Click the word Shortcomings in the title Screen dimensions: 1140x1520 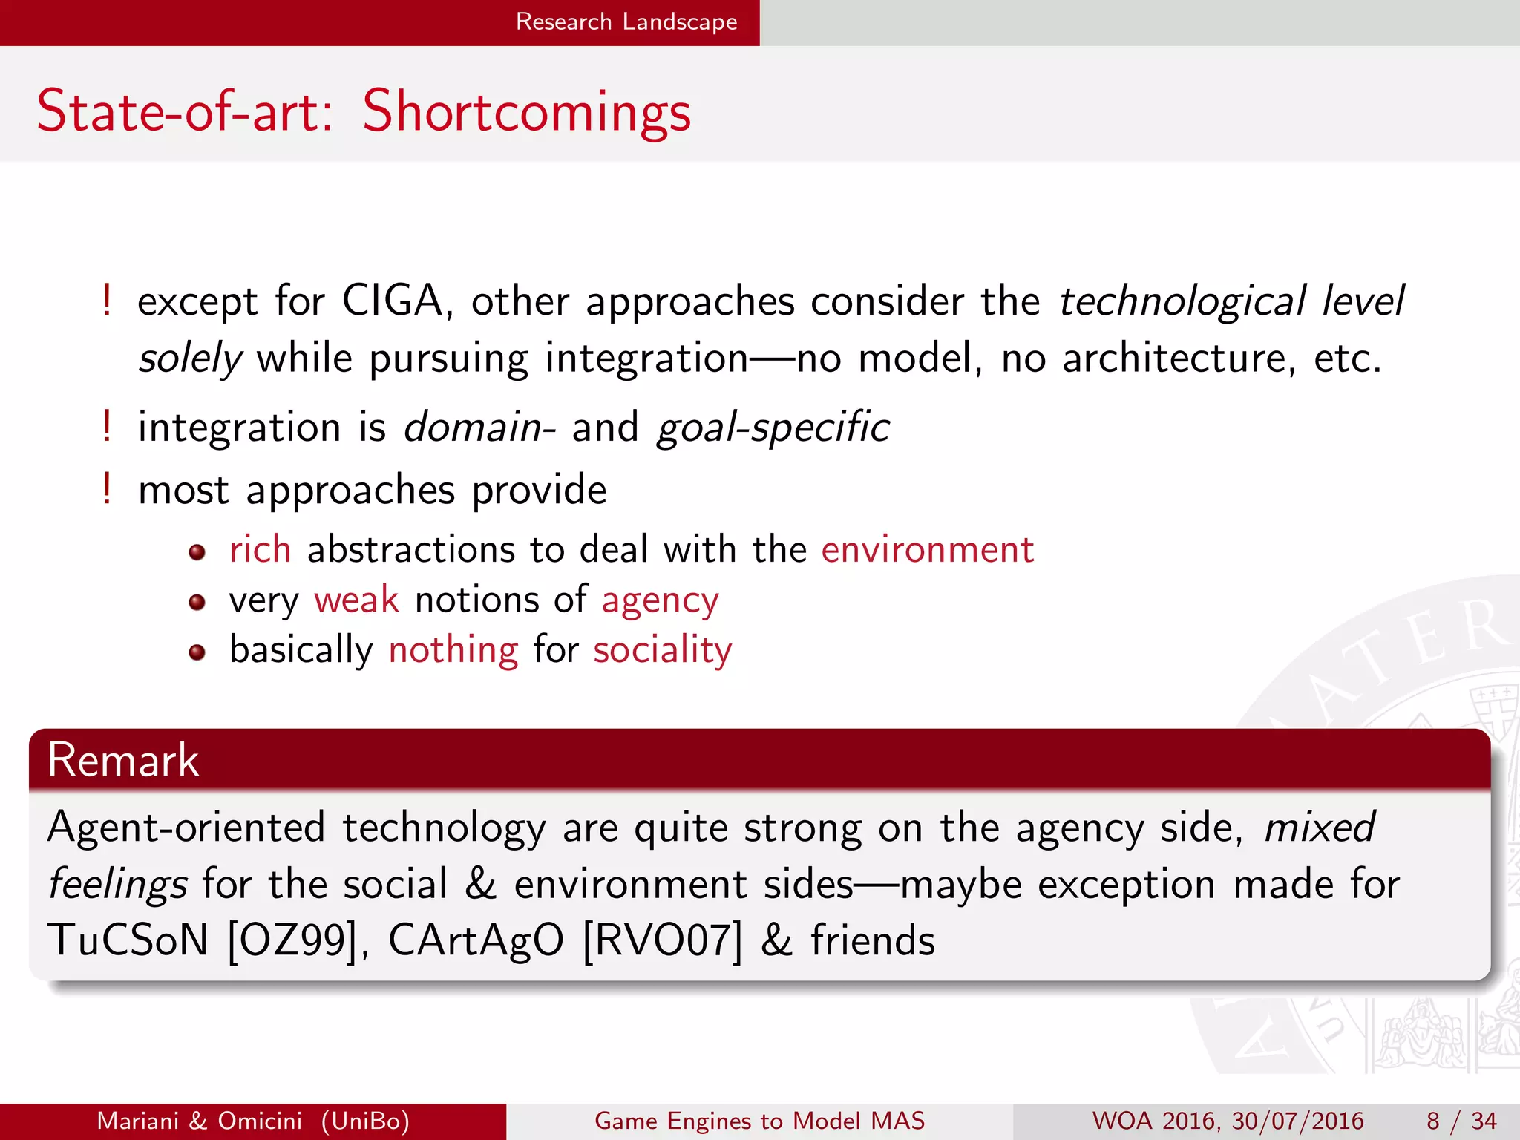click(526, 111)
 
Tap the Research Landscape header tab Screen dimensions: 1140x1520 click(626, 22)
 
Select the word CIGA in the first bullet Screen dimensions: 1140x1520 click(393, 301)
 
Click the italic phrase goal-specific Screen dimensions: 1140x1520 click(773, 427)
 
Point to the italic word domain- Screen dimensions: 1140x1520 click(479, 427)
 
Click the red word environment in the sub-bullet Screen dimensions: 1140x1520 click(927, 550)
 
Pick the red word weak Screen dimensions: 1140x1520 click(356, 600)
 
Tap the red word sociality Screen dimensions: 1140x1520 click(662, 650)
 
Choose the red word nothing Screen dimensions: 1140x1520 click(453, 650)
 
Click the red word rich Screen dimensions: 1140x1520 click(260, 550)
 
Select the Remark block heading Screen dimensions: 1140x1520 click(123, 759)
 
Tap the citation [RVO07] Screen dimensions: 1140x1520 click(662, 940)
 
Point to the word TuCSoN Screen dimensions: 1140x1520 click(128, 940)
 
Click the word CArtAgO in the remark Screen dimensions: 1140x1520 click(476, 940)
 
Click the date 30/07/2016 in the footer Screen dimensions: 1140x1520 click(1297, 1121)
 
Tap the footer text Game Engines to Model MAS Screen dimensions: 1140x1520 click(759, 1121)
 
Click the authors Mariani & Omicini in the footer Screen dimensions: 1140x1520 click(199, 1121)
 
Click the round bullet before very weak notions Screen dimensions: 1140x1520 click(197, 603)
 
